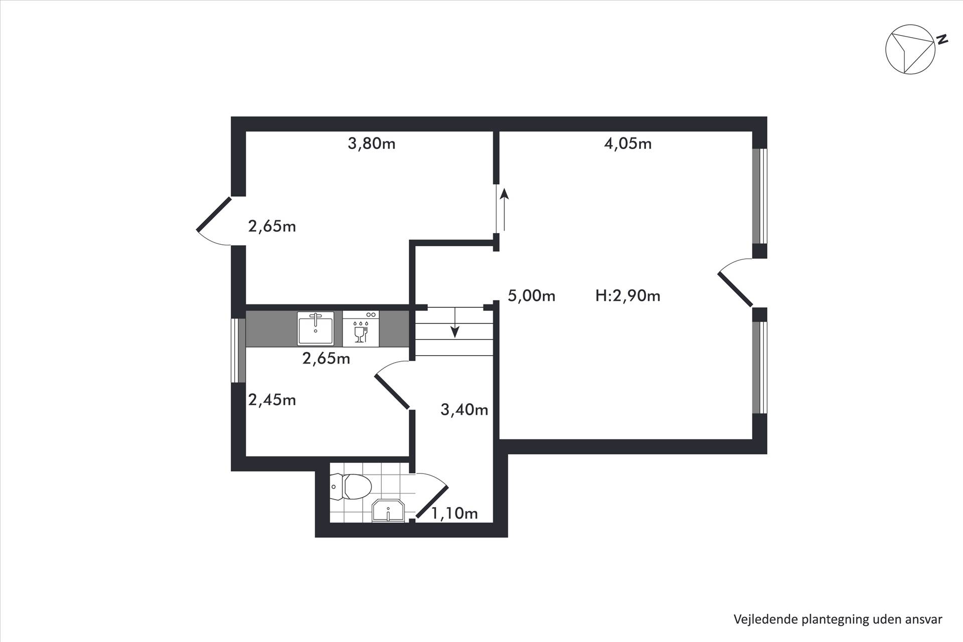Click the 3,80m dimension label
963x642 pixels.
pyautogui.click(x=372, y=144)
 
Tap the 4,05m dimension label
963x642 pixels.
pyautogui.click(x=628, y=144)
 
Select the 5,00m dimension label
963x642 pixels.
pyautogui.click(x=532, y=296)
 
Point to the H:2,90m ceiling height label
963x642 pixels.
pyautogui.click(x=628, y=296)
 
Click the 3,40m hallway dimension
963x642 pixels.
pyautogui.click(x=464, y=410)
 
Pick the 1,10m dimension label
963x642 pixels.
pyautogui.click(x=454, y=514)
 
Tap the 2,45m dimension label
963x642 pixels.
pyautogui.click(x=272, y=400)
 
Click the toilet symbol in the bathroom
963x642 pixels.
pyautogui.click(x=351, y=487)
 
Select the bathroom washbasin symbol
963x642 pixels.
pyautogui.click(x=388, y=511)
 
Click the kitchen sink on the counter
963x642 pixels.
pyautogui.click(x=315, y=329)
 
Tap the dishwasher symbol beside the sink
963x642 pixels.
pyautogui.click(x=361, y=329)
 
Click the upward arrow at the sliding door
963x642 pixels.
pyautogui.click(x=504, y=209)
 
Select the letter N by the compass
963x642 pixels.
pyautogui.click(x=943, y=39)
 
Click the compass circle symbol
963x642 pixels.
pyautogui.click(x=910, y=50)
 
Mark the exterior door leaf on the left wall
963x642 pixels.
pyautogui.click(x=214, y=215)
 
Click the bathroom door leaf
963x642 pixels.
pyautogui.click(x=432, y=502)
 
